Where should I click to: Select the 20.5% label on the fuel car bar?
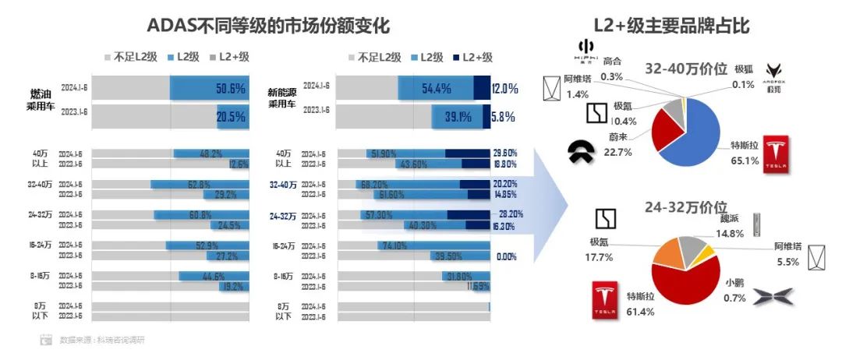[x=231, y=117]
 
